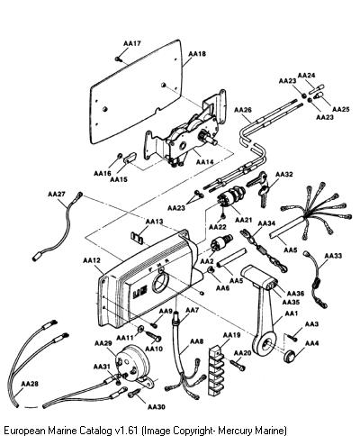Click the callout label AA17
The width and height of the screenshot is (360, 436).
point(132,43)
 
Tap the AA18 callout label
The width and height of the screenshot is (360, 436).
point(197,54)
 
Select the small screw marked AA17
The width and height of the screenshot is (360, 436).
point(118,59)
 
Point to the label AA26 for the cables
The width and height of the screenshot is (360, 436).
point(243,110)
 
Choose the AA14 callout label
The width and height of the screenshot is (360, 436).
point(205,162)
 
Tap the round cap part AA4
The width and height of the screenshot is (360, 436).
point(290,356)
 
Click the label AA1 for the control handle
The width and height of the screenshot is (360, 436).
point(291,313)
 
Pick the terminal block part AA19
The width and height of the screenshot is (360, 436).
point(218,369)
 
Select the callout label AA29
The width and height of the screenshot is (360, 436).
point(103,343)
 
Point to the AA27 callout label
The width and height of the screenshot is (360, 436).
point(57,194)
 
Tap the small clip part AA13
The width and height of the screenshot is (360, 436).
point(137,237)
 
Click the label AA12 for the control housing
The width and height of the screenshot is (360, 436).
point(92,260)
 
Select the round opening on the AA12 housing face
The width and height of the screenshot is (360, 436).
point(161,284)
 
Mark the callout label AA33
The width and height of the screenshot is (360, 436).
point(333,256)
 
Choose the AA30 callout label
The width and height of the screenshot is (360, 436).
point(157,407)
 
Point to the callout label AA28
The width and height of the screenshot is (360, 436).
point(30,384)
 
